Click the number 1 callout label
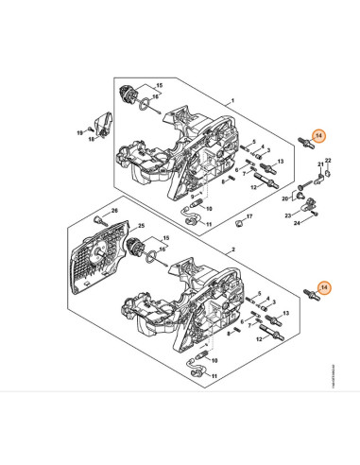[x=231, y=99]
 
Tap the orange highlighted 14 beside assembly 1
[x=320, y=136]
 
